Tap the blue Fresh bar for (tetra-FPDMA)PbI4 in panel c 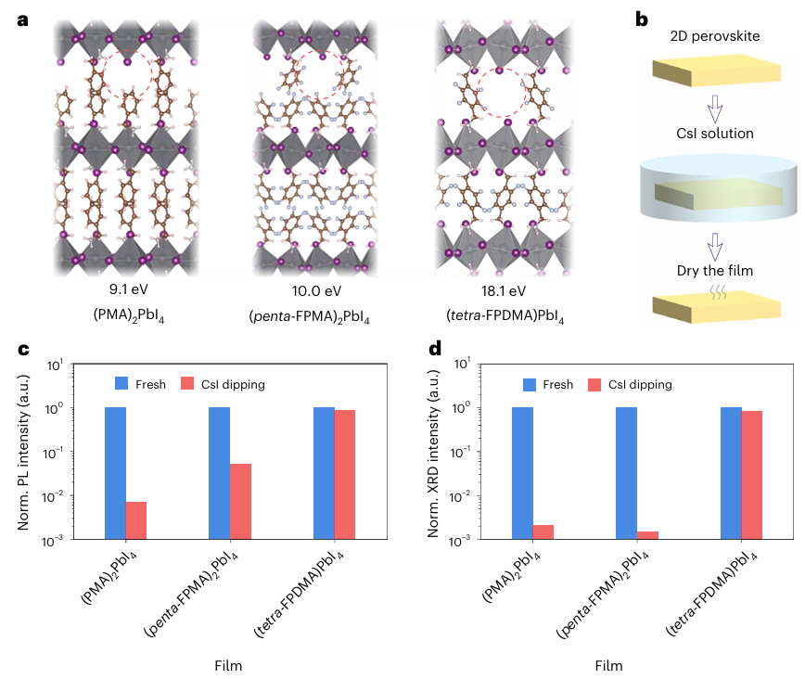coord(324,472)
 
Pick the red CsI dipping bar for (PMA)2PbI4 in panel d coord(543,532)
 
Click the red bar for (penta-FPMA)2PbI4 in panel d coord(647,534)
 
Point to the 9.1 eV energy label coord(128,290)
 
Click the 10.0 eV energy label coord(313,290)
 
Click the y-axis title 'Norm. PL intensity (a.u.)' coord(26,449)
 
